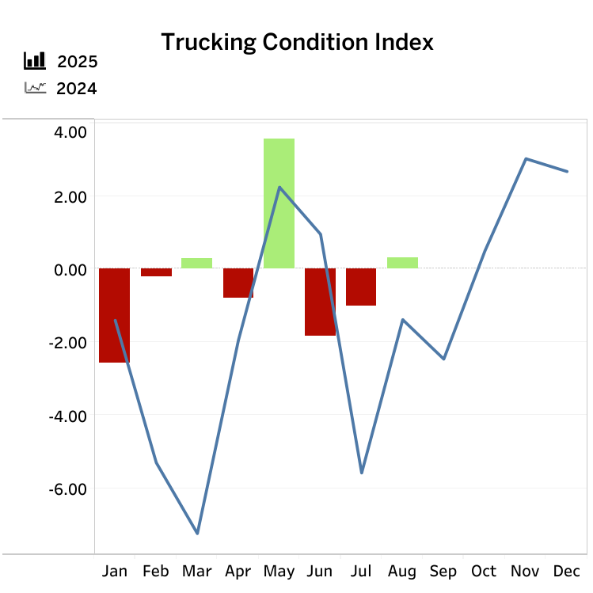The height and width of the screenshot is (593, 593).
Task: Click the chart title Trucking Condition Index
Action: [x=297, y=42]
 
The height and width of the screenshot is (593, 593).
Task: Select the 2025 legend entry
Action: [x=76, y=63]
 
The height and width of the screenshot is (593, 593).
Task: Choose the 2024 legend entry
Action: [x=76, y=89]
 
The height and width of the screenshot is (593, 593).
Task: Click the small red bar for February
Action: [x=156, y=272]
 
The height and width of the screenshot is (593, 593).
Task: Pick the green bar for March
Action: [x=197, y=263]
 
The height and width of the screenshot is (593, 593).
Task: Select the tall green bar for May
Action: [x=279, y=203]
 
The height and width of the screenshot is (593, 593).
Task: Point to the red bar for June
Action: [x=320, y=302]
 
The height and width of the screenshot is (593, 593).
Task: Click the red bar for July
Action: [x=361, y=287]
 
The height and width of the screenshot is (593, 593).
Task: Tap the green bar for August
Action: [x=402, y=263]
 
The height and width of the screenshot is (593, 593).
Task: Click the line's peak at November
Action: [x=526, y=158]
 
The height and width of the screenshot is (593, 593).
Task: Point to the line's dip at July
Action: [x=362, y=473]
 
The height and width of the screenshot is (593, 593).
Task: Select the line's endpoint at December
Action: [x=567, y=171]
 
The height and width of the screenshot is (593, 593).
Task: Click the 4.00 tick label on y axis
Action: [x=70, y=131]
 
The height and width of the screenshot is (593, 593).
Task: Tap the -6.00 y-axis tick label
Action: [x=67, y=488]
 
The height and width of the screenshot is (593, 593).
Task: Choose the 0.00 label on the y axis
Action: [x=70, y=270]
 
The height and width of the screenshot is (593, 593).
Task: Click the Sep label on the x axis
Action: [x=443, y=571]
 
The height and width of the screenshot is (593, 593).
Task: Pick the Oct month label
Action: [x=485, y=571]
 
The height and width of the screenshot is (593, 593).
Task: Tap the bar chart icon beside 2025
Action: [x=35, y=60]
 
